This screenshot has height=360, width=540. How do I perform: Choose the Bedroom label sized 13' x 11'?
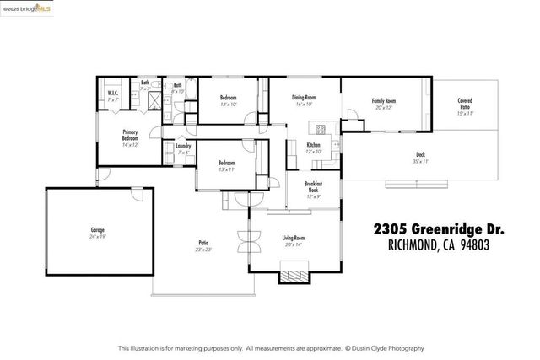pyautogui.click(x=225, y=164)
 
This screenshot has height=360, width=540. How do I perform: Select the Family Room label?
pyautogui.click(x=384, y=104)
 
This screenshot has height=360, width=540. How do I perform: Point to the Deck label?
pyautogui.click(x=420, y=157)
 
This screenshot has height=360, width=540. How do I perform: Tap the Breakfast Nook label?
pyautogui.click(x=313, y=188)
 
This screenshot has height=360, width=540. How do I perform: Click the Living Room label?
pyautogui.click(x=293, y=241)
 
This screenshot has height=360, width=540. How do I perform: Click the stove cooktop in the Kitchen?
pyautogui.click(x=321, y=130)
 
